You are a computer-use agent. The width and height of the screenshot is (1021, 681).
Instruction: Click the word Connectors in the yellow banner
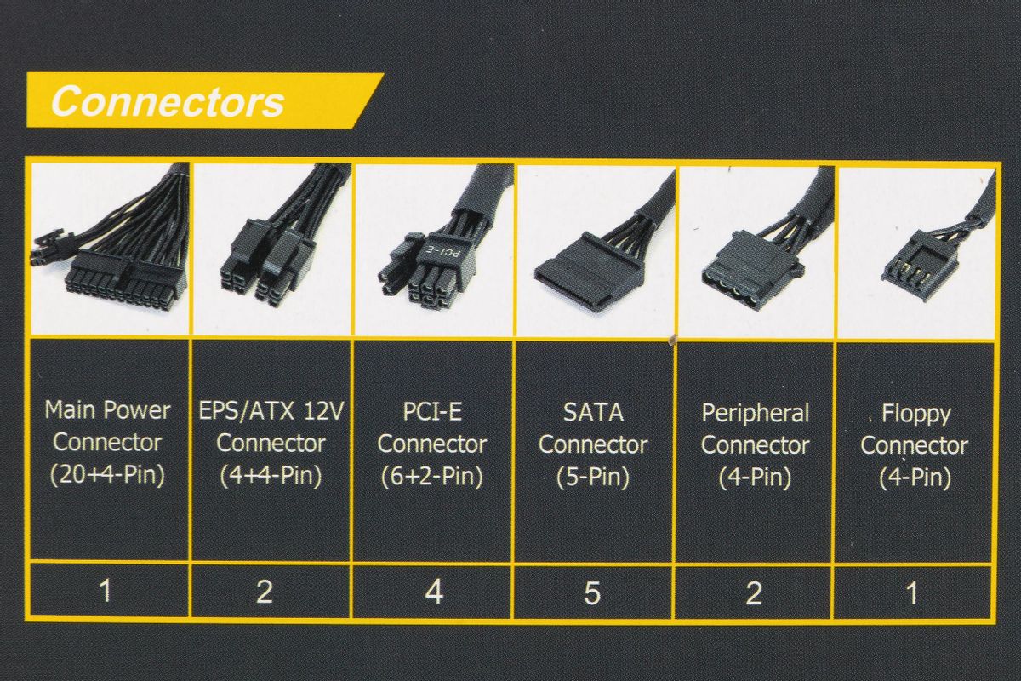pos(168,101)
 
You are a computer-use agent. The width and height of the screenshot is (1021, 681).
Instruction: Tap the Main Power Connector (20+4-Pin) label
pos(107,444)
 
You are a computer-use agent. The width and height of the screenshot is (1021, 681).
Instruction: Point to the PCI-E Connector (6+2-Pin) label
pos(432,444)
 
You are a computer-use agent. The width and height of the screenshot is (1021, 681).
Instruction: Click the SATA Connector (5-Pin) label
pos(593,445)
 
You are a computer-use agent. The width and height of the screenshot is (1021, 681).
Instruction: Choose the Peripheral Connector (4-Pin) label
pos(756,446)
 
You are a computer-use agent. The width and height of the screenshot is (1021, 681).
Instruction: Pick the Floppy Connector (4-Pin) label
pos(915,446)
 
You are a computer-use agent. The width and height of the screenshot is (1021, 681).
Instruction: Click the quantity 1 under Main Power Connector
pos(106,590)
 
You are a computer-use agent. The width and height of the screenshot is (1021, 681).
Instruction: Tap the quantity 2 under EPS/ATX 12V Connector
pos(265,592)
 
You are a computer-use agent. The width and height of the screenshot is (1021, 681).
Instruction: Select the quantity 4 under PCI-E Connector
pos(434,592)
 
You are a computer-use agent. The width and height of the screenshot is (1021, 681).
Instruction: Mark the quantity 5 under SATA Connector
pos(592,593)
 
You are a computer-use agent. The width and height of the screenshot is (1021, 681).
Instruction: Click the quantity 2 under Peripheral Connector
pos(754,593)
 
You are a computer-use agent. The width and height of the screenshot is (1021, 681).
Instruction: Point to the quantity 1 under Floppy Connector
pos(912,594)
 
